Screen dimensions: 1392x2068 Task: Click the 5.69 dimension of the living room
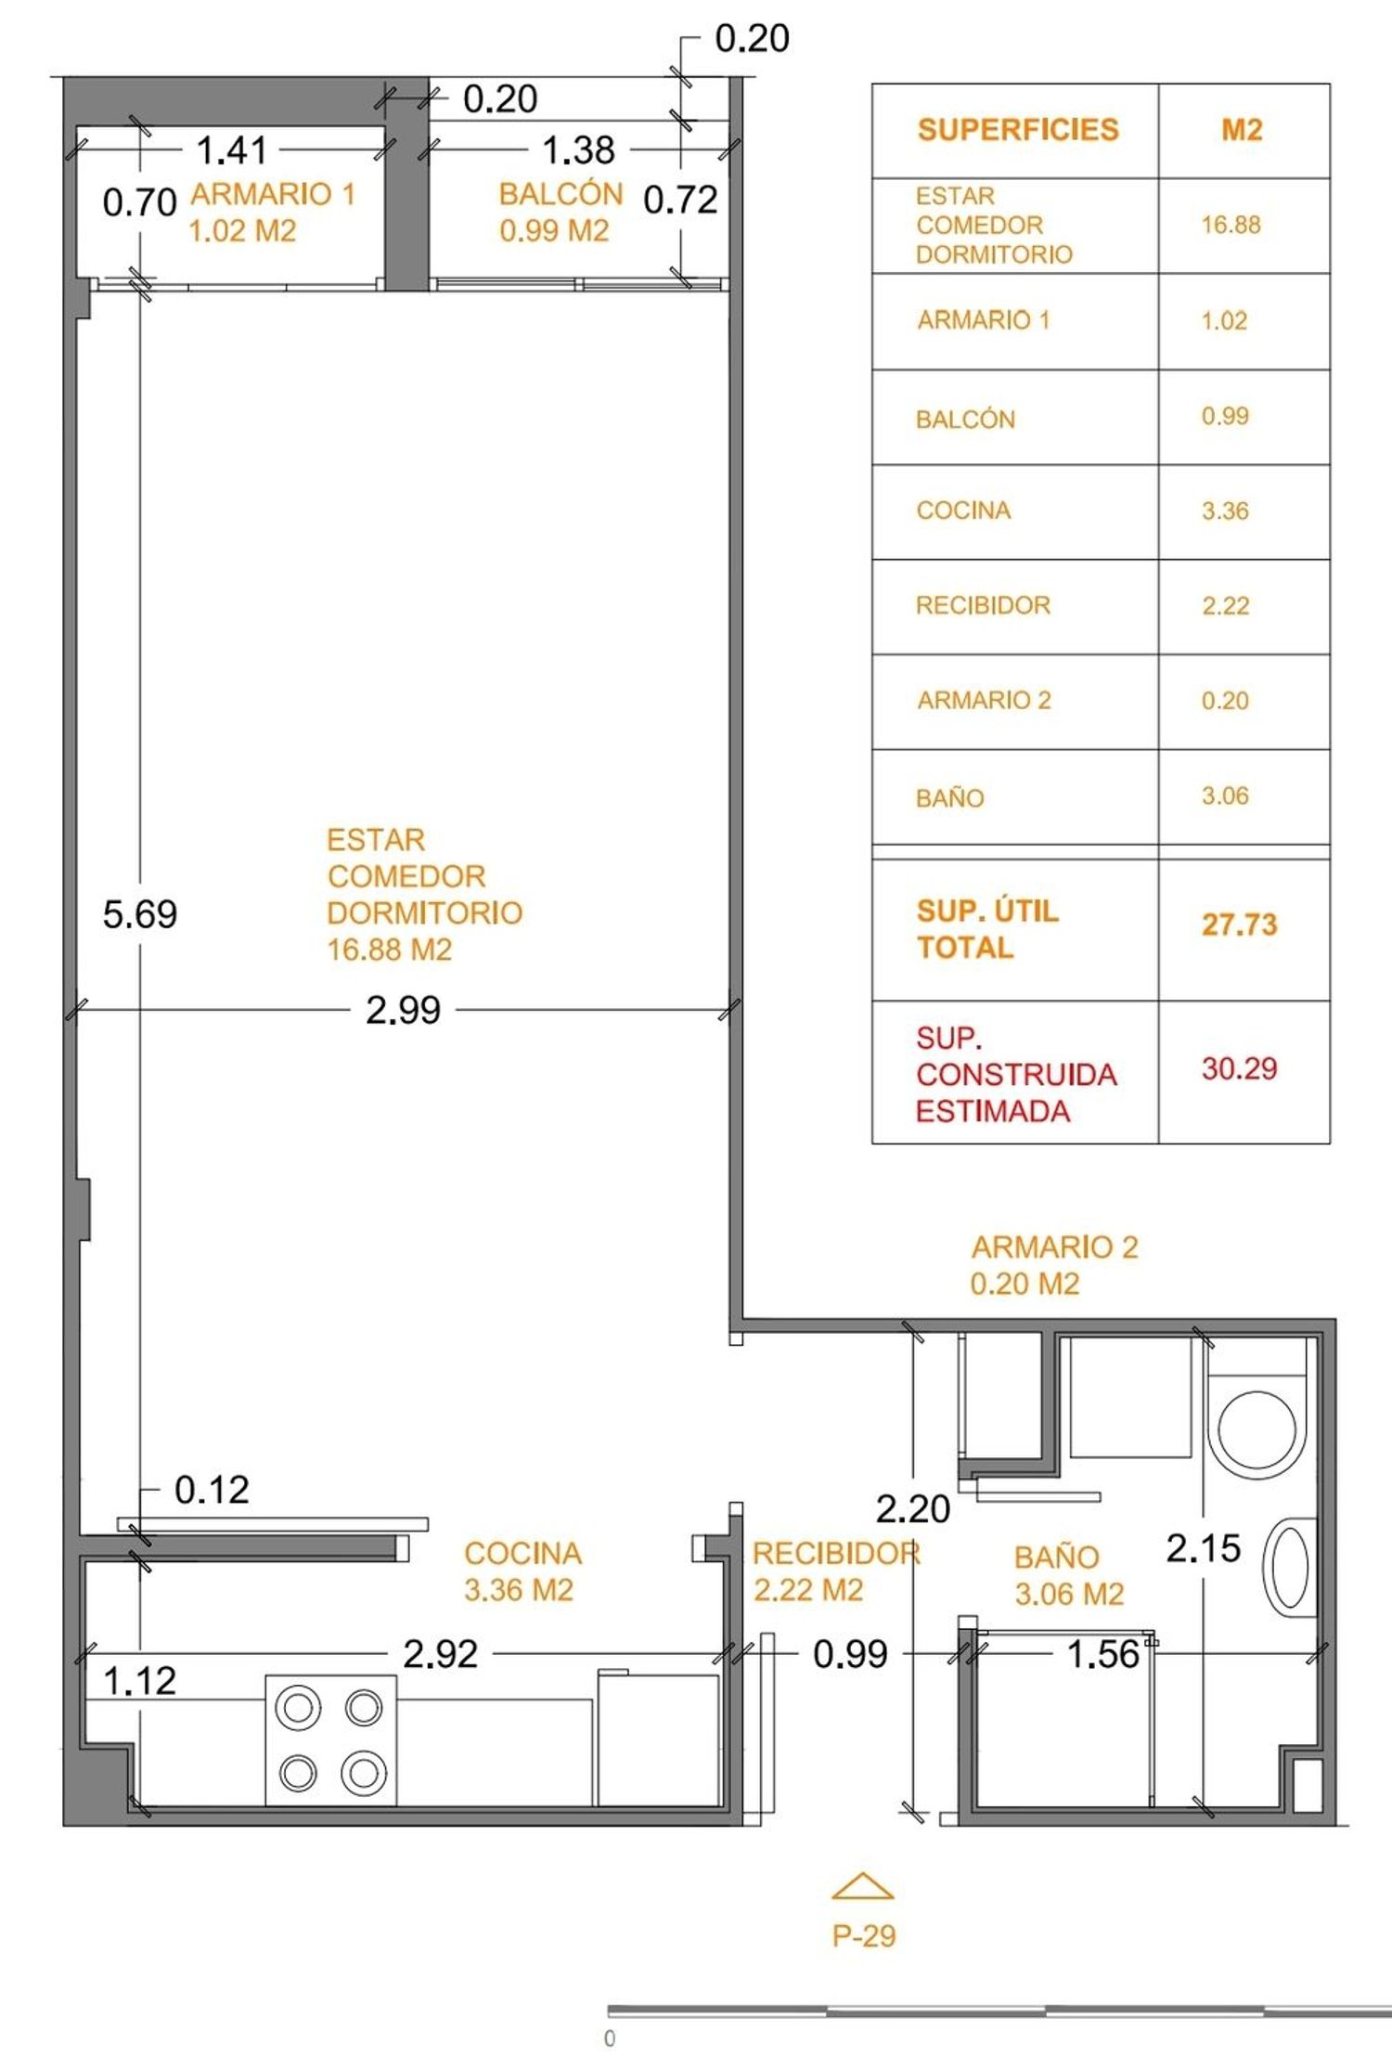[x=139, y=914]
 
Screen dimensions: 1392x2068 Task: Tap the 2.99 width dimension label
[x=403, y=1010]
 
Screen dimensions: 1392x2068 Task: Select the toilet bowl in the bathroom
[x=1257, y=1428]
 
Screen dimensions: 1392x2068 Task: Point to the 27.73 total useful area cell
[x=1239, y=924]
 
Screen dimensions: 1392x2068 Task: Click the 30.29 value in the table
[x=1239, y=1068]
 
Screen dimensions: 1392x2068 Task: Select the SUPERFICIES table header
[x=1018, y=129]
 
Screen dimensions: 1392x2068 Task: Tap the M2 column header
[x=1242, y=129]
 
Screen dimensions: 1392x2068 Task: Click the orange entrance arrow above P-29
[x=862, y=1886]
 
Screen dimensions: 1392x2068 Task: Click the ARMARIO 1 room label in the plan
[x=272, y=194]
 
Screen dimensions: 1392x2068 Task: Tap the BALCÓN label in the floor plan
[x=561, y=194]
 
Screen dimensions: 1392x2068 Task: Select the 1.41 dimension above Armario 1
[x=231, y=149]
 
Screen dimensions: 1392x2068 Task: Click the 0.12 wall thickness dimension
[x=212, y=1490]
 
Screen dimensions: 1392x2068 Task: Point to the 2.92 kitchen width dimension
[x=440, y=1654]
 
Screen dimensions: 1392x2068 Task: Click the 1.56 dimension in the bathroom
[x=1102, y=1654]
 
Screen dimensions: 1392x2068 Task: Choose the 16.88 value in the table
[x=1231, y=225]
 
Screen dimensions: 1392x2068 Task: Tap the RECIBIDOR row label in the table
[x=983, y=605]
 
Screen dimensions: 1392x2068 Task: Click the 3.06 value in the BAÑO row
[x=1225, y=795]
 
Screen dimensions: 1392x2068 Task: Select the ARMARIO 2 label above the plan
[x=1054, y=1247]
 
